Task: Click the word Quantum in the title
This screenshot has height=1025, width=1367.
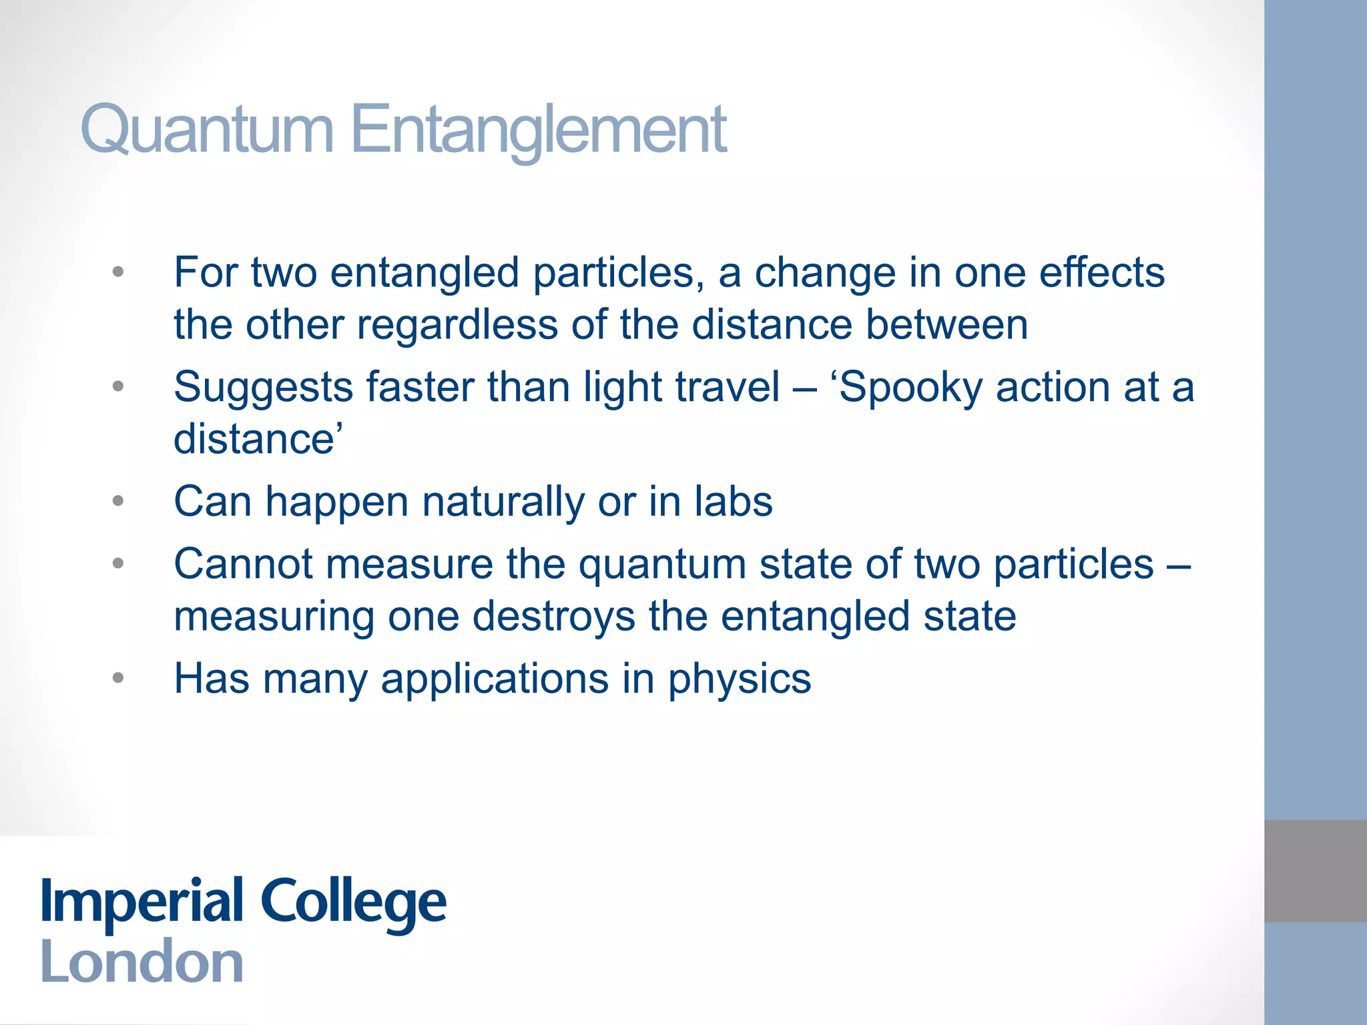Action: (206, 130)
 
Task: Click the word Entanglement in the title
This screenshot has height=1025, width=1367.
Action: (538, 130)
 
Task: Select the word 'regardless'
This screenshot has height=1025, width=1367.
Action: (457, 325)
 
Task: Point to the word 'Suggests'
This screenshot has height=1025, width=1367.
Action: (263, 387)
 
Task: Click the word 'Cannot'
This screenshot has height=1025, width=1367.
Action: (243, 564)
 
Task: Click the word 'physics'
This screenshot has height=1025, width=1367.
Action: (740, 680)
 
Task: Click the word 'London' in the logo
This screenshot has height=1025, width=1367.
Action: (142, 962)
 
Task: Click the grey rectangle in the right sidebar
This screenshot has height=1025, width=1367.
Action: (1315, 871)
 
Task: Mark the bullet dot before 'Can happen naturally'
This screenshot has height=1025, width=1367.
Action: (118, 501)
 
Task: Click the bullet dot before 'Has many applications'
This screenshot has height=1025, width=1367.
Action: (118, 679)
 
